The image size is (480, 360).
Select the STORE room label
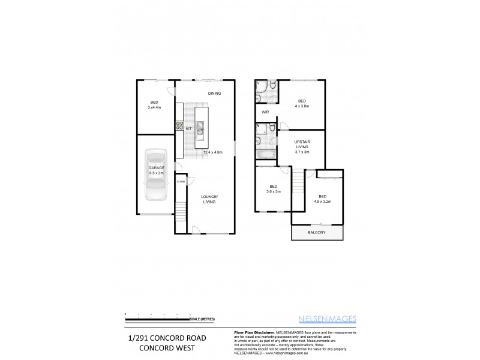click(x=180, y=180)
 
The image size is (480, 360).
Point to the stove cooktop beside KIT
click(x=179, y=126)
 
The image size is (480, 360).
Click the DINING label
click(x=215, y=93)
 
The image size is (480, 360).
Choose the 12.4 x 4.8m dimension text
click(x=213, y=152)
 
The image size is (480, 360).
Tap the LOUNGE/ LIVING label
click(x=209, y=199)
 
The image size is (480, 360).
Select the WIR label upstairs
click(x=264, y=112)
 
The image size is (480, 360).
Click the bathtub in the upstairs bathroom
click(x=265, y=155)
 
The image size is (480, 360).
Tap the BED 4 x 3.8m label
click(x=301, y=103)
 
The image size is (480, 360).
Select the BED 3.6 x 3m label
click(x=274, y=188)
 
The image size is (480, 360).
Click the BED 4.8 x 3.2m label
click(x=323, y=199)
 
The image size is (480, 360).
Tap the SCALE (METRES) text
click(x=203, y=318)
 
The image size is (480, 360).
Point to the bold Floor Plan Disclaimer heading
click(x=252, y=332)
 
